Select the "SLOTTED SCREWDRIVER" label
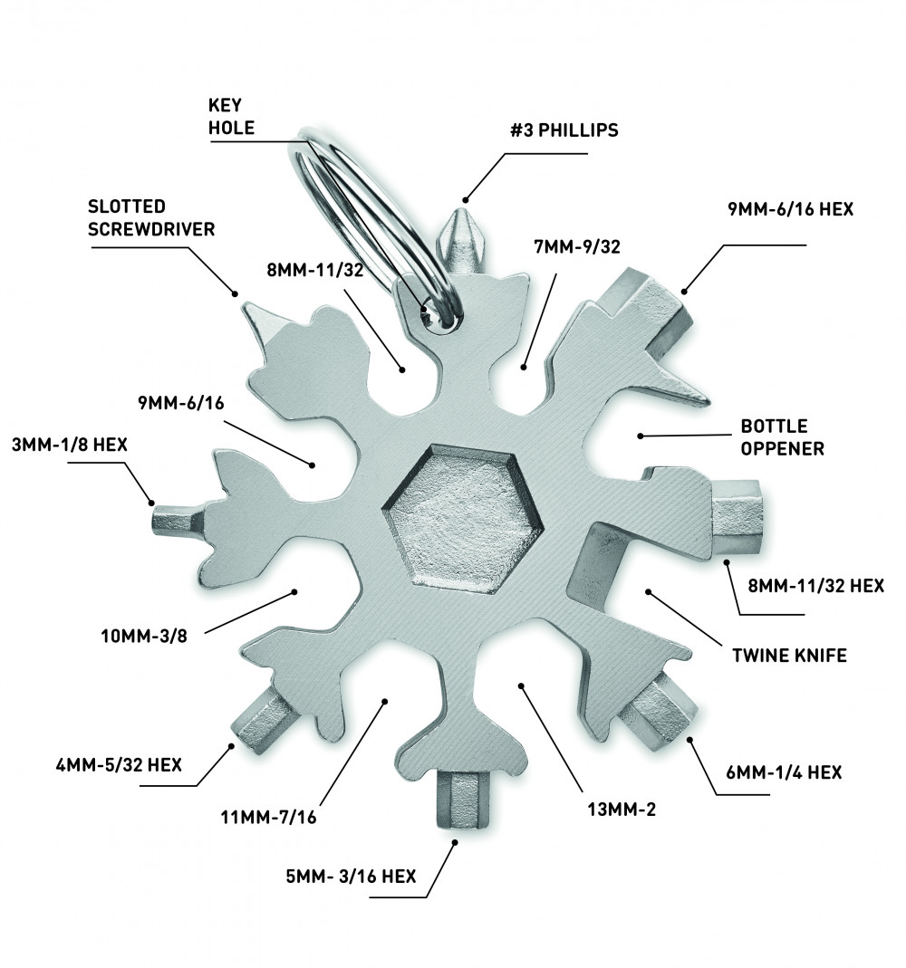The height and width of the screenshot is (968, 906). pos(151,218)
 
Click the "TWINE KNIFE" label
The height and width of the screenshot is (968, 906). pos(789,656)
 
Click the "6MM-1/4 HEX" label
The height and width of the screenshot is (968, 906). pos(784,772)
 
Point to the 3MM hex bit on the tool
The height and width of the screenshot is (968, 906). pos(173,521)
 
